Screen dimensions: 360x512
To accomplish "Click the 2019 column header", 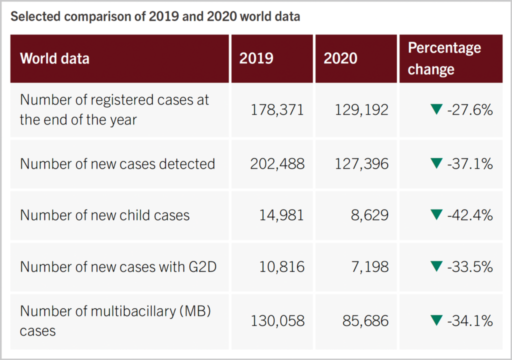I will pos(256,58).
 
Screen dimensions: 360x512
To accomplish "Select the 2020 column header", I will pos(340,58).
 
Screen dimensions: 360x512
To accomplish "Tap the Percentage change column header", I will pos(444,58).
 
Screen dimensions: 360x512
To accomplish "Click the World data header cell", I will pos(55,58).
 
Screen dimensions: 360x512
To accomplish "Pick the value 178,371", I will pos(277,110).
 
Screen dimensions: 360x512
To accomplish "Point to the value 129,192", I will pos(361,110).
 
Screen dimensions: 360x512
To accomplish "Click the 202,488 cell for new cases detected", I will pos(277,163).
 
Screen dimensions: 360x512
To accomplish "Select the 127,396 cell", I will pos(361,163).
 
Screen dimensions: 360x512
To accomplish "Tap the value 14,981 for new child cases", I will pos(281,215).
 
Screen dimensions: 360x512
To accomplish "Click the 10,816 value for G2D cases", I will pos(281,266).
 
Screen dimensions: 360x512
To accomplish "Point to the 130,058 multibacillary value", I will pos(277,320).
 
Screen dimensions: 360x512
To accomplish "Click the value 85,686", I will pos(365,320).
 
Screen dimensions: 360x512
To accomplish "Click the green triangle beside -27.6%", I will pos(436,110).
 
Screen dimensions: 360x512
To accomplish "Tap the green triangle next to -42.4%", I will pos(436,215).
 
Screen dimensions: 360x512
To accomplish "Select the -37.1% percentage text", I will pos(470,163).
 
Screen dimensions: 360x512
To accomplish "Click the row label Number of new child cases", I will pos(105,215).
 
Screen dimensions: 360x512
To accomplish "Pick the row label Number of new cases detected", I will pos(117,163).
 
